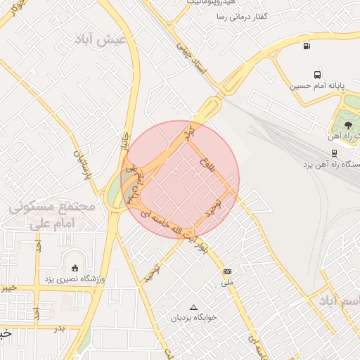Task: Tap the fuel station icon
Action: click(306, 46)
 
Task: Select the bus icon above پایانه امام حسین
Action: click(317, 74)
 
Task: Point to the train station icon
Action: click(333, 152)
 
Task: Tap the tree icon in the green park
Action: click(349, 124)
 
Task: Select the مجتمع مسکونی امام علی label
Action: click(53, 215)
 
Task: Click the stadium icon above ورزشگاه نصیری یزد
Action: click(75, 268)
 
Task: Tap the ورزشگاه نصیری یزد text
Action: click(75, 280)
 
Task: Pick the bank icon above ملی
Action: click(227, 271)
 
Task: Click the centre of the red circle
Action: click(180, 179)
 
